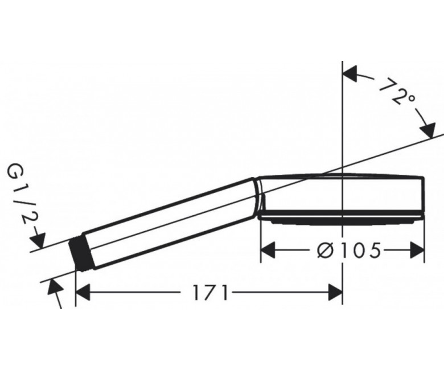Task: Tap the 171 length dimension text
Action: point(210,293)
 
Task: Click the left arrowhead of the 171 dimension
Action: point(83,293)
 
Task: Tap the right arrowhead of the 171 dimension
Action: point(335,293)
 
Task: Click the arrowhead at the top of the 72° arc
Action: point(350,74)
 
